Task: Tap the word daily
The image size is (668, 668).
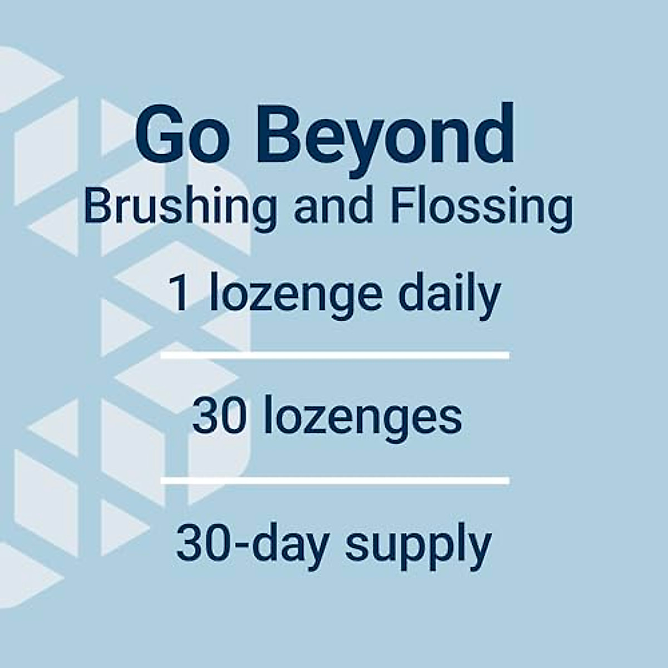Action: click(449, 295)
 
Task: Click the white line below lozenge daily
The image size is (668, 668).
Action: click(335, 355)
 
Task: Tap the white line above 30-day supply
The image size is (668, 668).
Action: click(335, 480)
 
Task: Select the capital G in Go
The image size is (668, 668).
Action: click(161, 136)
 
